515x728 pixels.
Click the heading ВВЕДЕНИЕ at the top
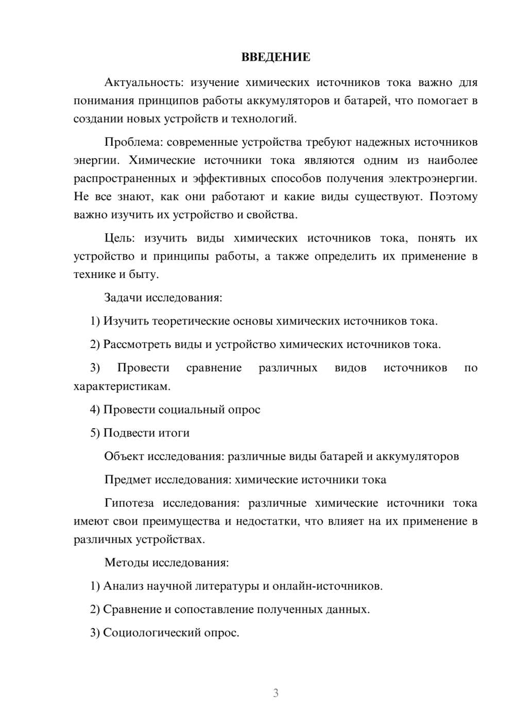[276, 57]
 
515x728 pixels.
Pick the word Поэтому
[453, 197]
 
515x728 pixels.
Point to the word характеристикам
[122, 386]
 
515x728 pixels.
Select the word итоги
[174, 433]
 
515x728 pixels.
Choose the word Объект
[124, 457]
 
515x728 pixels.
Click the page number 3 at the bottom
[276, 693]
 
